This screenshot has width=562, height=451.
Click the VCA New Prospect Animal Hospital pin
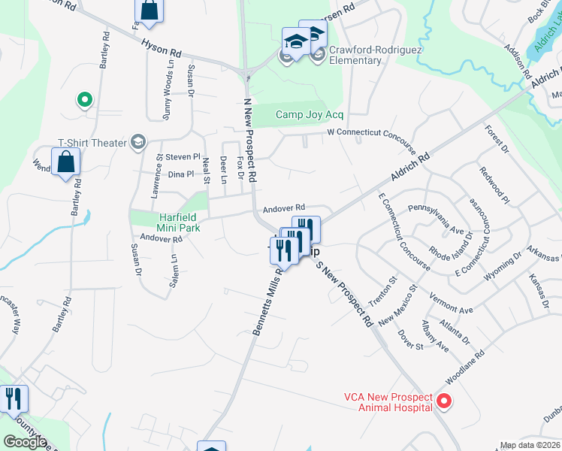tap(443, 401)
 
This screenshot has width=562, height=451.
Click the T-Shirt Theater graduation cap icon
tap(137, 142)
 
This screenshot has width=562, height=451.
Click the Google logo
tap(26, 442)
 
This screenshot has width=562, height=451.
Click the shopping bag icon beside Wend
tap(66, 162)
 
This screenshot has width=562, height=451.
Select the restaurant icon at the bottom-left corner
tap(13, 400)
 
